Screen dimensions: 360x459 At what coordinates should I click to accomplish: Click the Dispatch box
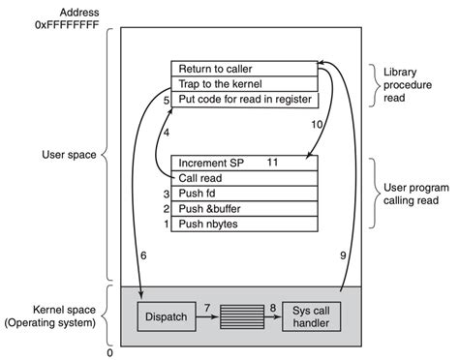[x=167, y=315]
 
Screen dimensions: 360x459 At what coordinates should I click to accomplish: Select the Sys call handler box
[x=313, y=315]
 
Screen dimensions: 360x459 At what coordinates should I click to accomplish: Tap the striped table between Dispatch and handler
[x=241, y=315]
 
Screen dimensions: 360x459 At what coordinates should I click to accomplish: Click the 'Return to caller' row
[x=244, y=69]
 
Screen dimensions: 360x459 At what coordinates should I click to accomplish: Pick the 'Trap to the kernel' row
[x=244, y=83]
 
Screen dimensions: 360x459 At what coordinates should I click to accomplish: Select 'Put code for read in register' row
[x=244, y=98]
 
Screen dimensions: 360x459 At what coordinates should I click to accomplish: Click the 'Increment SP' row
[x=244, y=164]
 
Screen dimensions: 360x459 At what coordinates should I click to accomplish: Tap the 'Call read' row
[x=244, y=179]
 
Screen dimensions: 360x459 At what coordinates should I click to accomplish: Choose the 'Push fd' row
[x=244, y=194]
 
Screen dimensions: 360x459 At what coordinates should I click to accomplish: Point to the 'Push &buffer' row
[x=244, y=209]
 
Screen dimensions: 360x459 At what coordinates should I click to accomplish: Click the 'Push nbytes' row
[x=244, y=225]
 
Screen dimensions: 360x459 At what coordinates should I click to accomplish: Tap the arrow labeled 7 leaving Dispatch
[x=205, y=315]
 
